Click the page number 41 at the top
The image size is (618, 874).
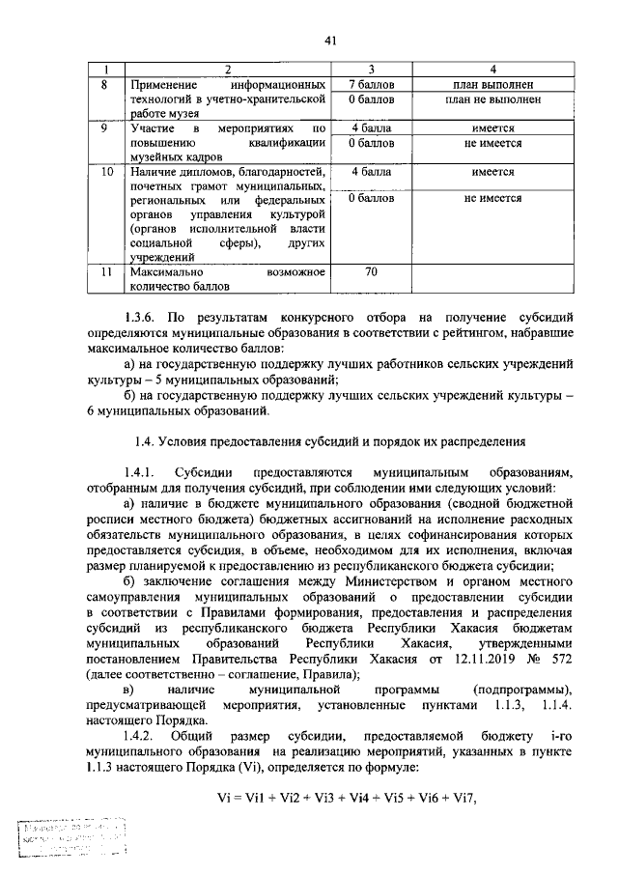tap(330, 41)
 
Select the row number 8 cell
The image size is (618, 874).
tap(106, 85)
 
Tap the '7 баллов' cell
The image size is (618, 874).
tap(371, 85)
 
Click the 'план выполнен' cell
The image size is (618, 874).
tap(493, 85)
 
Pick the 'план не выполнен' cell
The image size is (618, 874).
tap(493, 99)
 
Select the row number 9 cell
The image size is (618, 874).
tap(106, 128)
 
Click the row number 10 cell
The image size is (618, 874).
tap(106, 172)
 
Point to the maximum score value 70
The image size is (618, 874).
tap(371, 273)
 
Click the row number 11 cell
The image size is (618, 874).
tap(106, 273)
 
